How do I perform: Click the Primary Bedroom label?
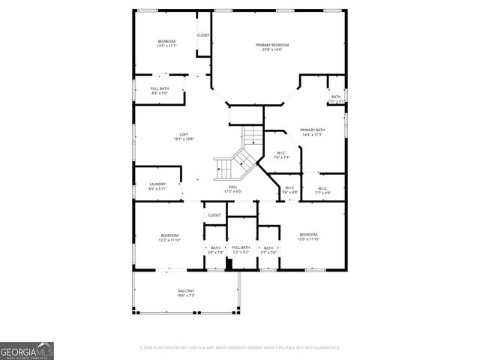(x=271, y=45)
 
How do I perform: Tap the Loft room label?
(x=184, y=134)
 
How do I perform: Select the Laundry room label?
(x=157, y=184)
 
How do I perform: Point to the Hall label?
(x=232, y=187)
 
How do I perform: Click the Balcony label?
(x=186, y=291)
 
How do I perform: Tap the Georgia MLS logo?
(x=27, y=350)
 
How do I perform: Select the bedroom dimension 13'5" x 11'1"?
(x=166, y=46)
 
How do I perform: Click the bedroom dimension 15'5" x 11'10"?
(x=309, y=239)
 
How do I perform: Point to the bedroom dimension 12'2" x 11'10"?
(x=169, y=240)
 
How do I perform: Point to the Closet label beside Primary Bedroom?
(x=203, y=35)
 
